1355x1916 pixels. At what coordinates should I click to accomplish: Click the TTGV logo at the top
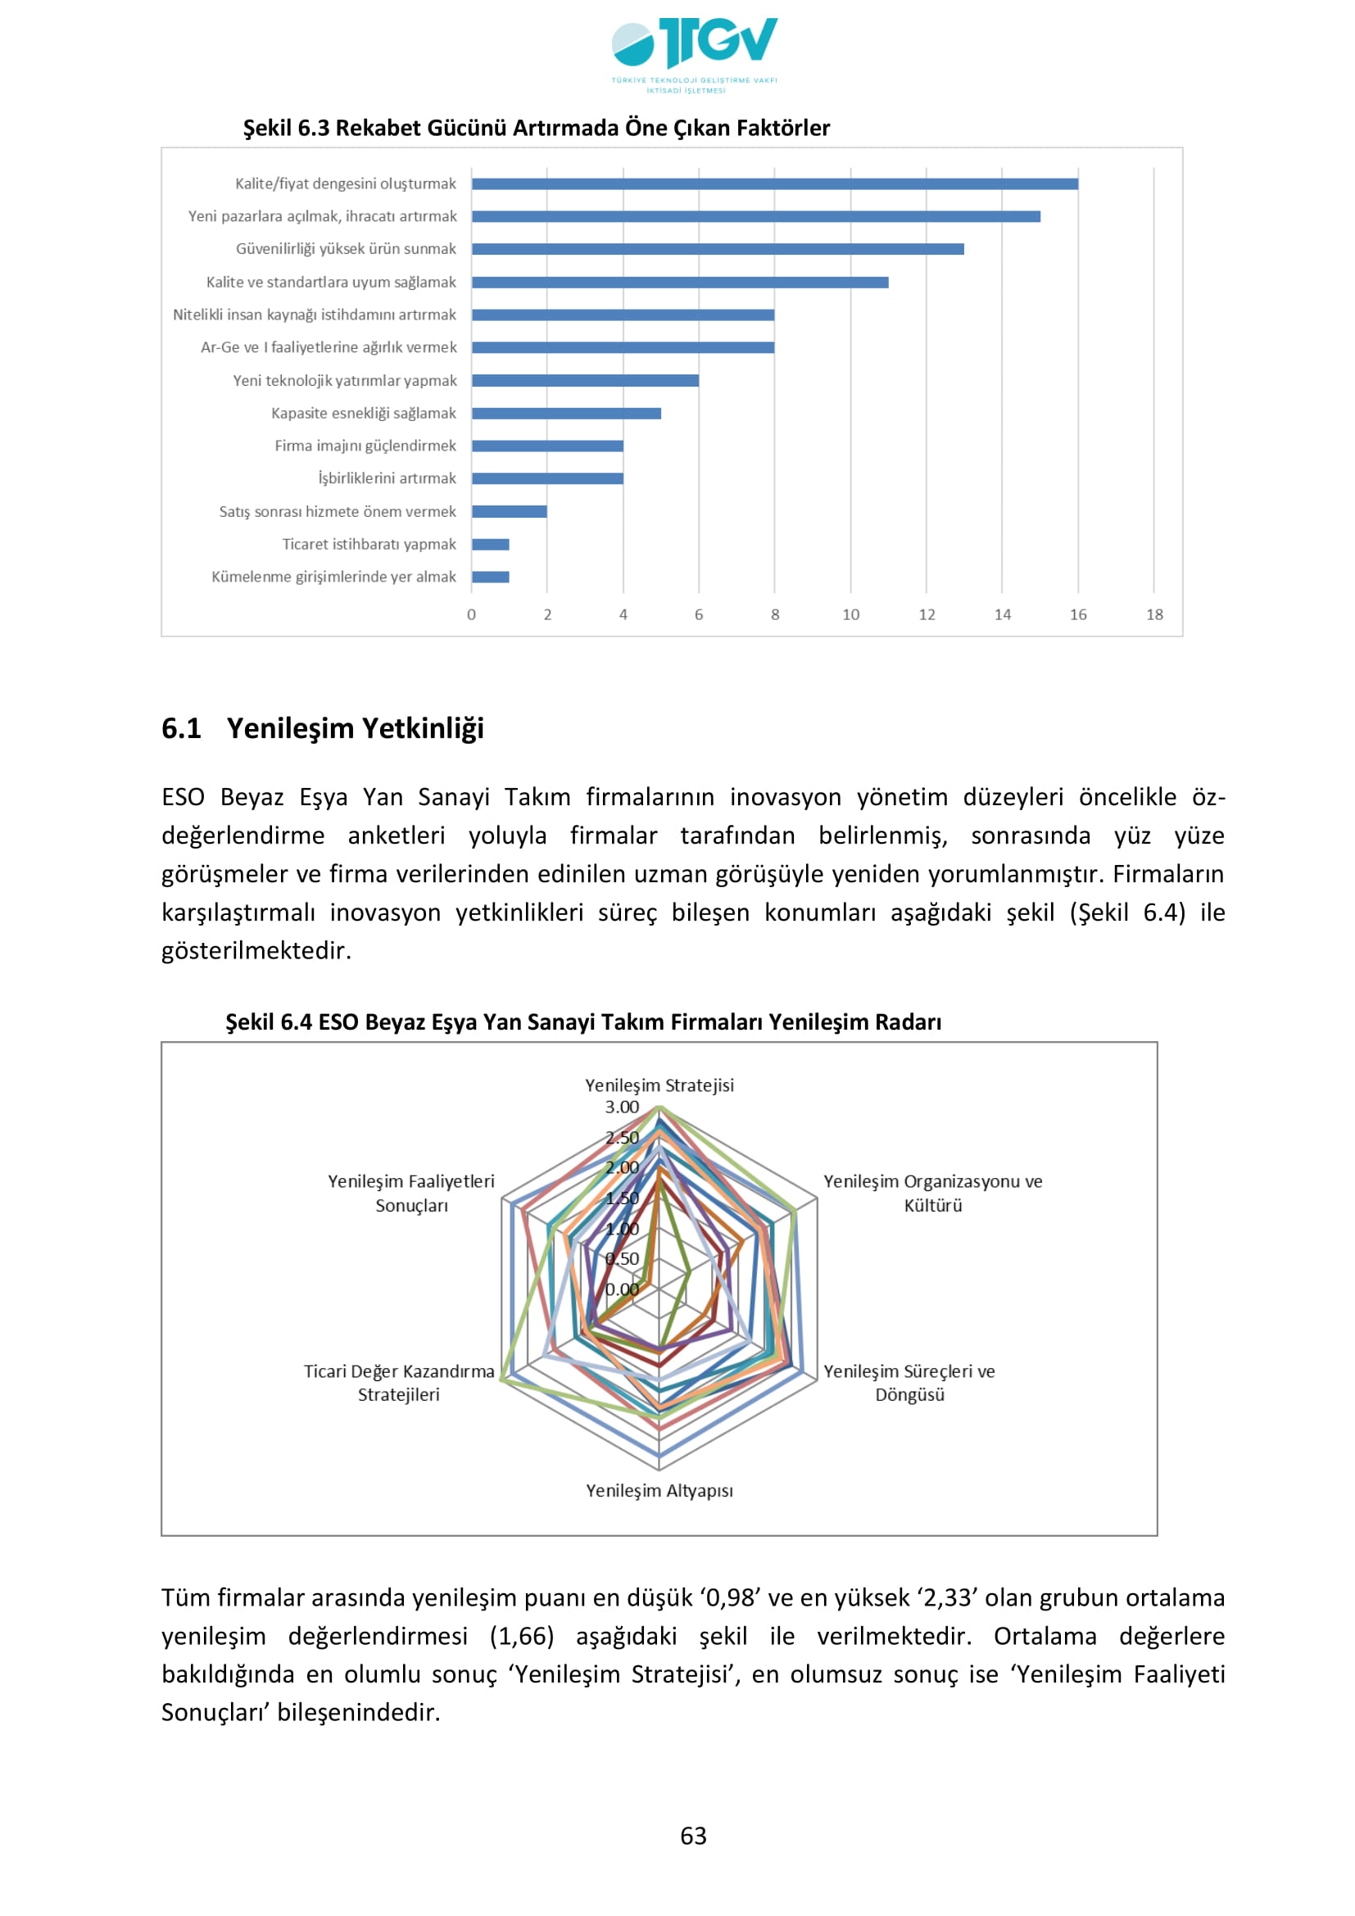(693, 52)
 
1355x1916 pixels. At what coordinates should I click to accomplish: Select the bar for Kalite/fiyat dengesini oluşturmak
(774, 183)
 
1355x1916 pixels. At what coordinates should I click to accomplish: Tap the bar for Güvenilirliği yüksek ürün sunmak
(718, 249)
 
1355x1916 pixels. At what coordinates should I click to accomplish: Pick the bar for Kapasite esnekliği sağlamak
(566, 413)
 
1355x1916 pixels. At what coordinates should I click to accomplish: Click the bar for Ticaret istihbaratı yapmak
(491, 544)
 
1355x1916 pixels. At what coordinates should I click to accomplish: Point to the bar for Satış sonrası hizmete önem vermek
(509, 511)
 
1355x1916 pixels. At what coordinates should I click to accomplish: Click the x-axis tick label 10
(850, 614)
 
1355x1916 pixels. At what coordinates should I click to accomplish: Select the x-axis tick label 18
(1154, 614)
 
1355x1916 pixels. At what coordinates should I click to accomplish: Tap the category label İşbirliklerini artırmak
(387, 478)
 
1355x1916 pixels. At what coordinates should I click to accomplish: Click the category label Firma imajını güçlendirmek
(365, 446)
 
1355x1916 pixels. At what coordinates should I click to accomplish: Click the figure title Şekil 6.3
(536, 128)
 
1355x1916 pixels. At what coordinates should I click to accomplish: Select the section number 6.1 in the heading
(181, 727)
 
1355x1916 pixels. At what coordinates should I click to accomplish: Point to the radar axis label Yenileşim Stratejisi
(659, 1085)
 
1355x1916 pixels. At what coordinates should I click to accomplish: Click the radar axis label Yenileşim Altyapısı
(659, 1490)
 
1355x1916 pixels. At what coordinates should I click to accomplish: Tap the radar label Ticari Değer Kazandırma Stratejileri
(399, 1383)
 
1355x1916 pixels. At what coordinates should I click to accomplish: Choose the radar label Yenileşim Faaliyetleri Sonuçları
(411, 1194)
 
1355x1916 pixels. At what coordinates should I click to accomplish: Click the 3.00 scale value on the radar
(622, 1107)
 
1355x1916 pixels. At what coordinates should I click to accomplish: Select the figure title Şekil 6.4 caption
(583, 1022)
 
